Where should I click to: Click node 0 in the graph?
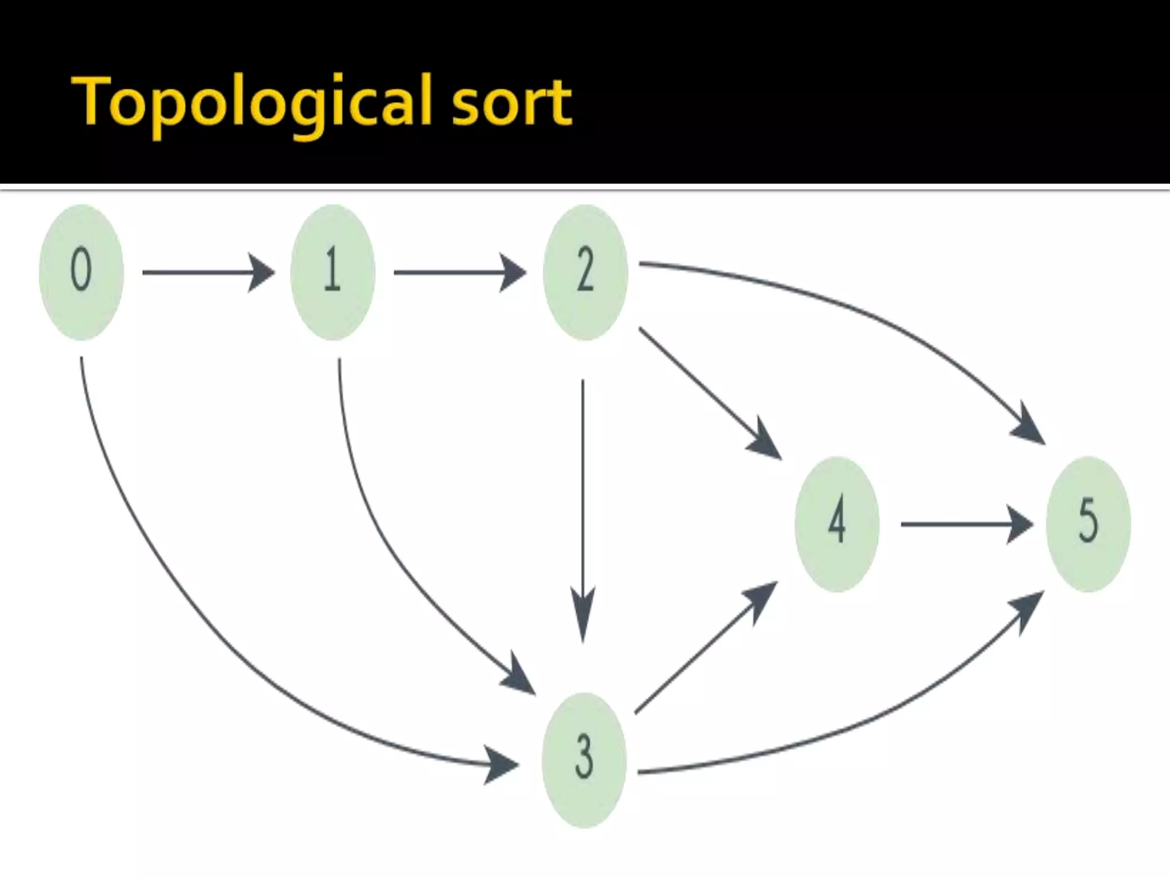[81, 272]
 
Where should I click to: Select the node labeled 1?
[332, 272]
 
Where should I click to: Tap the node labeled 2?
[585, 272]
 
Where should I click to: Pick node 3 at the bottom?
[584, 759]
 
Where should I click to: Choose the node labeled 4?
[837, 524]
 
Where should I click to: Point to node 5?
[1088, 524]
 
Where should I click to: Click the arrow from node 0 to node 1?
[206, 273]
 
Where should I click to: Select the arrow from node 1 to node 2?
[457, 273]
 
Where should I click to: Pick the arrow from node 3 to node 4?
[703, 651]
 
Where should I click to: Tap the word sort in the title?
[511, 103]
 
